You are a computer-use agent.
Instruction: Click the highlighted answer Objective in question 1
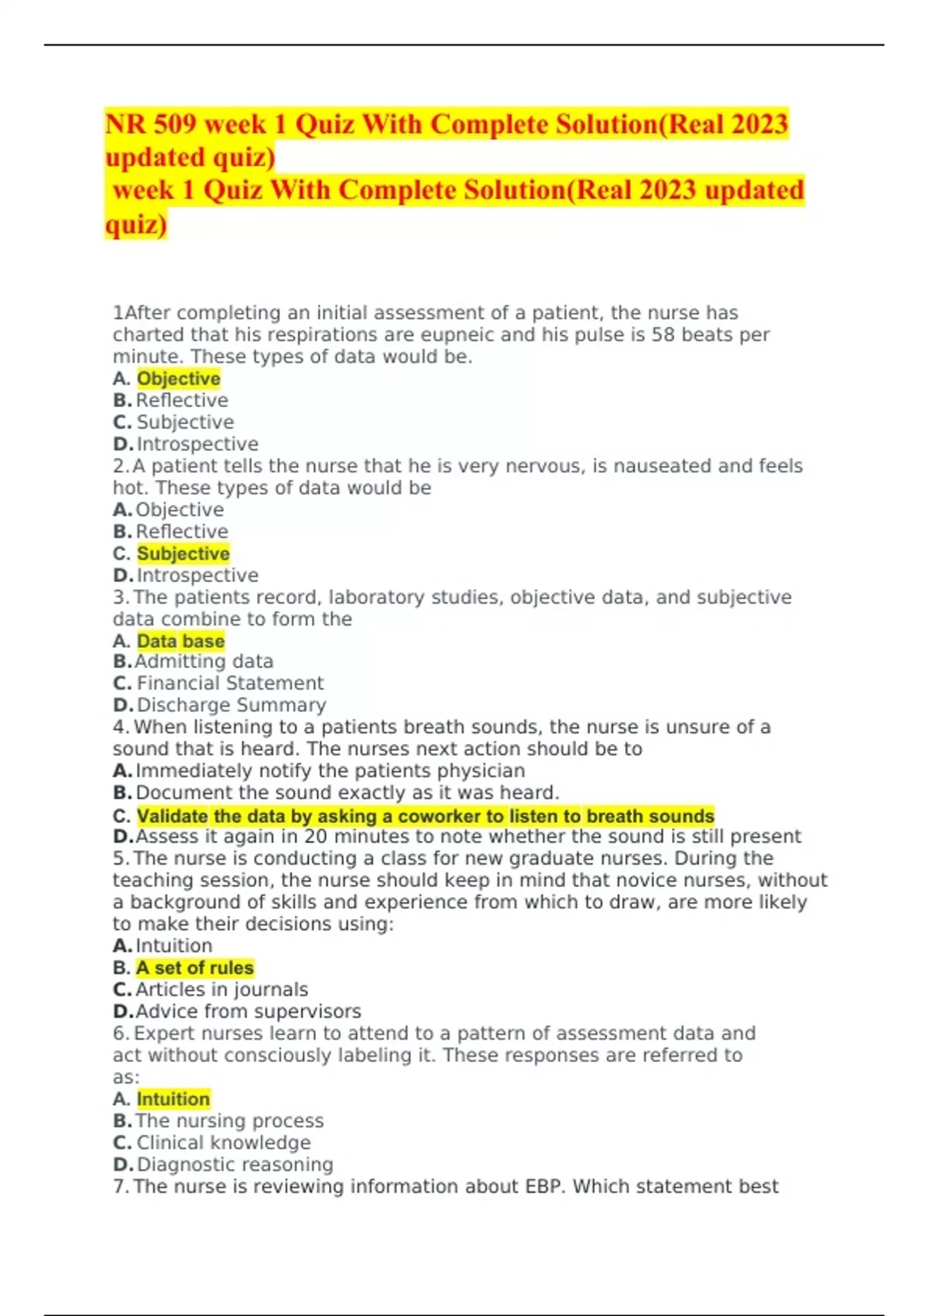[x=178, y=379]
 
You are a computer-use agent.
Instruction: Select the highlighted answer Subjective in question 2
[x=183, y=553]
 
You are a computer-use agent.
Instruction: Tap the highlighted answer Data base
[x=180, y=641]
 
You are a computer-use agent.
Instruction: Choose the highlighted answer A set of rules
[x=194, y=968]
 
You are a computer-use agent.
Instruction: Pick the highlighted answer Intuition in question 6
[x=173, y=1099]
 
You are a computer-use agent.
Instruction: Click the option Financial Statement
[x=230, y=684]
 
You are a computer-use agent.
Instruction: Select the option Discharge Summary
[x=231, y=705]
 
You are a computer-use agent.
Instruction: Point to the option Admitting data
[x=204, y=662]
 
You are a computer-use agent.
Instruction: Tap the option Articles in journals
[x=221, y=989]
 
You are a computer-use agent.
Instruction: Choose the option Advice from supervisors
[x=248, y=1012]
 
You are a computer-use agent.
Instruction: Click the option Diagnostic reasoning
[x=235, y=1164]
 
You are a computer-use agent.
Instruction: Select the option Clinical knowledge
[x=223, y=1143]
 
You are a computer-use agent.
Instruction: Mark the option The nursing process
[x=229, y=1121]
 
